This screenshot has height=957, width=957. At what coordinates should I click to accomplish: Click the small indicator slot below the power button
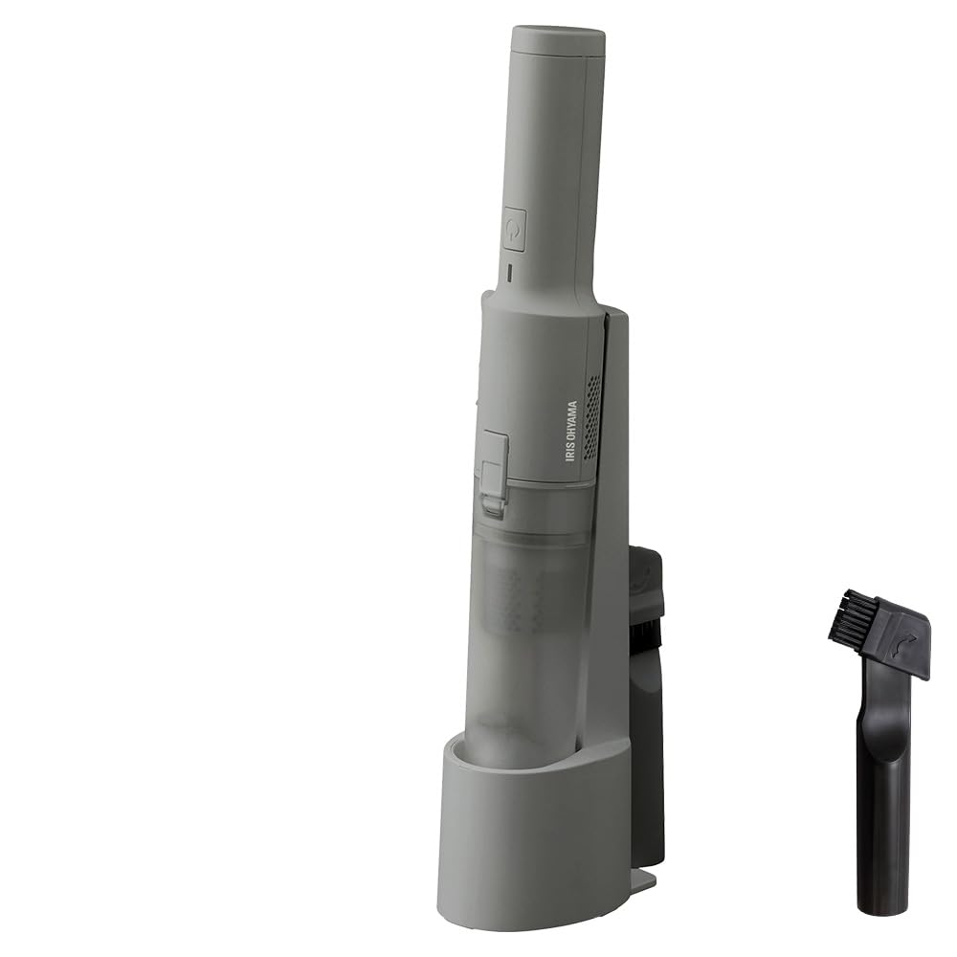[511, 271]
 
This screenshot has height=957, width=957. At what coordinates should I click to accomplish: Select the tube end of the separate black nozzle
[881, 861]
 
